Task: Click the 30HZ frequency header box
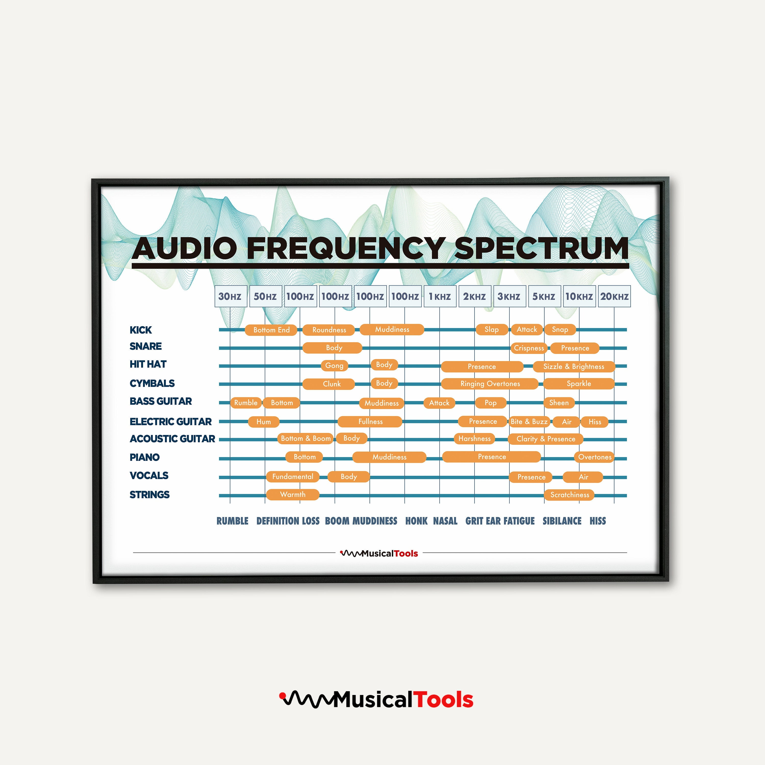[231, 296]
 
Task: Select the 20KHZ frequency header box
[614, 296]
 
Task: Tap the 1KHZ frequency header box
[440, 296]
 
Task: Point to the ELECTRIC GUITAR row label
[171, 421]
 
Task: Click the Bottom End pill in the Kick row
[271, 330]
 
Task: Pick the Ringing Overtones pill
[490, 384]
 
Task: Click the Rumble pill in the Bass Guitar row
[246, 403]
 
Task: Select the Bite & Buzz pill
[529, 421]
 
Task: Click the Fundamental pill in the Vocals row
[293, 477]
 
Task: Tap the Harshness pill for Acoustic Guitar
[474, 438]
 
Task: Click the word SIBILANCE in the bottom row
[562, 521]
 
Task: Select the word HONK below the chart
[416, 521]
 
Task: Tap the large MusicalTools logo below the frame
[376, 700]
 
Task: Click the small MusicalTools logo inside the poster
[379, 553]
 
